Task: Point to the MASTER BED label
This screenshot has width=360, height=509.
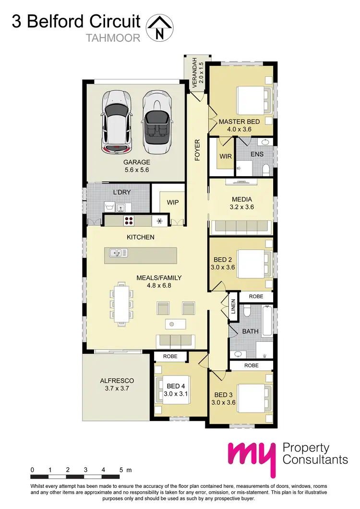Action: pyautogui.click(x=239, y=121)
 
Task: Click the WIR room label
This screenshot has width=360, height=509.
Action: pyautogui.click(x=226, y=156)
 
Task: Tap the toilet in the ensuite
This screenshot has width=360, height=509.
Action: pyautogui.click(x=266, y=169)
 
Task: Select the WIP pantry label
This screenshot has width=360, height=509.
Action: pyautogui.click(x=173, y=203)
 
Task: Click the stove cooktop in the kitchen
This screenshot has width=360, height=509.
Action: pyautogui.click(x=129, y=221)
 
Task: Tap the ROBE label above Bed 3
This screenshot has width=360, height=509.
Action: pyautogui.click(x=252, y=365)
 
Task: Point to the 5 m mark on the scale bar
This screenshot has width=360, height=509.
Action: pyautogui.click(x=122, y=470)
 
